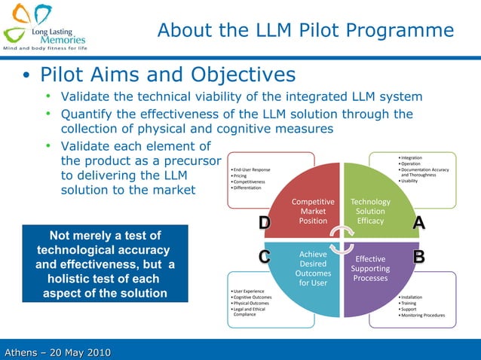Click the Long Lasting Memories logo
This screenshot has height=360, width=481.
[45, 26]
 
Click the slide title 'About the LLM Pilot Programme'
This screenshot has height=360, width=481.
[305, 30]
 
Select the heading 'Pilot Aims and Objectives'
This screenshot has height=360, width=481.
[167, 75]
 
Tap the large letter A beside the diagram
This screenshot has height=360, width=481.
[419, 223]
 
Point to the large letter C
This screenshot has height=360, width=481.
[265, 258]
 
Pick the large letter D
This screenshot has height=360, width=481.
[265, 223]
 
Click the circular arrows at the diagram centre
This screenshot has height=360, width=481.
[344, 239]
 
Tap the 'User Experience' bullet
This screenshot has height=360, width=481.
[250, 291]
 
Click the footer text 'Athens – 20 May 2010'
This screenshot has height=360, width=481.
[57, 352]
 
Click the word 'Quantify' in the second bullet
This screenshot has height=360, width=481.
[90, 114]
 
